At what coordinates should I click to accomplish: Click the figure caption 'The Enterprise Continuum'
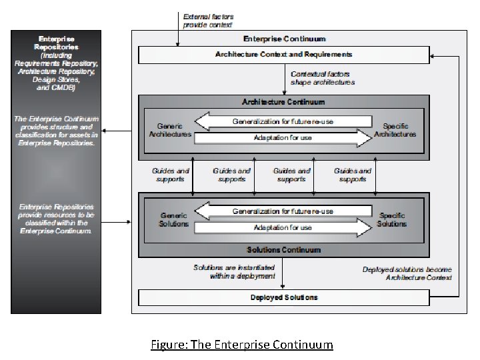point(241,345)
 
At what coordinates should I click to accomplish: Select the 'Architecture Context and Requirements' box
point(284,54)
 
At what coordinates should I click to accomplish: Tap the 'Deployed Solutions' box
point(284,297)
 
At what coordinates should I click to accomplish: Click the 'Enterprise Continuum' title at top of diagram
point(284,39)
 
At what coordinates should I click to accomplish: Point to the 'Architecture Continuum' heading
point(284,102)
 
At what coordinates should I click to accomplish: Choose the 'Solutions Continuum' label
point(284,250)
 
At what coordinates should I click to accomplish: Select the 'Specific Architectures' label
point(395,130)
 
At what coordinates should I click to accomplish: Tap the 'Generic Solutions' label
point(174,220)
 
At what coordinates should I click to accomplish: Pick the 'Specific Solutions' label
point(392,220)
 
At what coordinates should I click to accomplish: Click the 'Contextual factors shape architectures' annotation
point(323,78)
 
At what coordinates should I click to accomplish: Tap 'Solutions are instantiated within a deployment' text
point(234,271)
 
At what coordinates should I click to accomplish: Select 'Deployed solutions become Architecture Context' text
point(407,273)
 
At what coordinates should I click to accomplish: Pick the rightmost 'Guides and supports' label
point(353,175)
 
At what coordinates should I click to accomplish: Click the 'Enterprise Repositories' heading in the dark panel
point(56,43)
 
